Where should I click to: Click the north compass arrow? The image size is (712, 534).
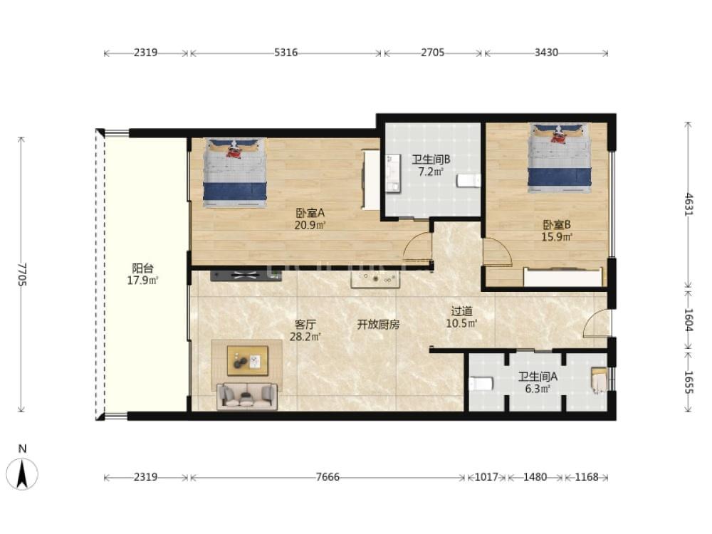22,473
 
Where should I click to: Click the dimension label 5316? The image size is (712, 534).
286,53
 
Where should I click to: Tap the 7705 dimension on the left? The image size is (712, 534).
22,274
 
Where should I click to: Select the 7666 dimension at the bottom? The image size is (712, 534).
328,477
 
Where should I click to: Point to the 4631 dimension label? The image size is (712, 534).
689,204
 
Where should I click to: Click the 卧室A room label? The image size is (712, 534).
310,213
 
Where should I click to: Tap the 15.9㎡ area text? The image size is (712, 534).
557,237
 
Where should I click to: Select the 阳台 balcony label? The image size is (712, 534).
142,268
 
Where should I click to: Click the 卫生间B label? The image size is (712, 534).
431,159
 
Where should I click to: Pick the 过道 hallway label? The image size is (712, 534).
462,312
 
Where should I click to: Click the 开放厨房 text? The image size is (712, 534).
378,325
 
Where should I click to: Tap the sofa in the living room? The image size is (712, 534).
247,397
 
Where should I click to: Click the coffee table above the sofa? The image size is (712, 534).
248,361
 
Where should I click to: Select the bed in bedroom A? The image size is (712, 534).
235,173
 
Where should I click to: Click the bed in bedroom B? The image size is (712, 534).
560,158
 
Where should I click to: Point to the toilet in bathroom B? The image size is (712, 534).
468,181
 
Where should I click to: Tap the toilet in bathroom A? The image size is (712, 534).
481,384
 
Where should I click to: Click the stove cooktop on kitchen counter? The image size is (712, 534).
246,275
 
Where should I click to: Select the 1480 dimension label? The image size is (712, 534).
535,477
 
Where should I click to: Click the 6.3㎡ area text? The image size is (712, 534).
538,389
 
